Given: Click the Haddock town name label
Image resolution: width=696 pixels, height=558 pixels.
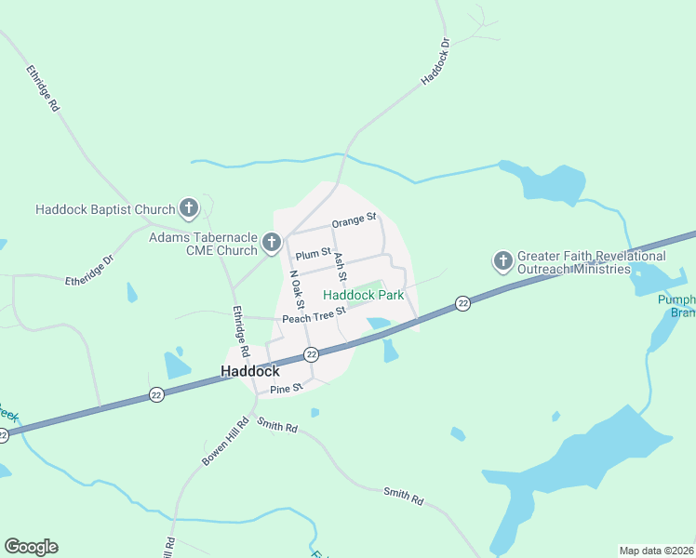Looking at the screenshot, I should [x=250, y=371].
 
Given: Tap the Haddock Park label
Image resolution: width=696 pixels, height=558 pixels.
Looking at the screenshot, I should [x=363, y=295].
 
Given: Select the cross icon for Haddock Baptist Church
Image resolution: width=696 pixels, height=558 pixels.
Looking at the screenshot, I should [x=189, y=208].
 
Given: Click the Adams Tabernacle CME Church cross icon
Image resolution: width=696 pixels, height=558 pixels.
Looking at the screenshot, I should [x=272, y=243].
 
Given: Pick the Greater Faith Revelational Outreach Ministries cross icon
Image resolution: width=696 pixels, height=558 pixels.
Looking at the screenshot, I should [x=503, y=260].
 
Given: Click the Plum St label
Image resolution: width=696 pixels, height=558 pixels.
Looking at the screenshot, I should [x=314, y=253].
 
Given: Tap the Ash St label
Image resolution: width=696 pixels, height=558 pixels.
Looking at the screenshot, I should [x=340, y=268].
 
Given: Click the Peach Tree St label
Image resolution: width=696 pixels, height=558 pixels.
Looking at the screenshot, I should [x=314, y=316].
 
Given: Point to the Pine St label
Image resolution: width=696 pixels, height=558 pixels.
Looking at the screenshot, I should [x=287, y=388].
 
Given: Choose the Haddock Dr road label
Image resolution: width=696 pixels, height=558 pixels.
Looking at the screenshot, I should [x=434, y=62].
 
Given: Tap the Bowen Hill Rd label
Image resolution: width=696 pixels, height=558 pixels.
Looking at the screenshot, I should [x=224, y=442].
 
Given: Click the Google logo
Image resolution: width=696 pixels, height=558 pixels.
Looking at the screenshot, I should [x=31, y=547].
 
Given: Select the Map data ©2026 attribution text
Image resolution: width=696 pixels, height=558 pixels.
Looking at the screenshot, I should [x=656, y=551].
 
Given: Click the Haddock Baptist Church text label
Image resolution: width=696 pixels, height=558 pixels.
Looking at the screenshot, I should [x=105, y=209].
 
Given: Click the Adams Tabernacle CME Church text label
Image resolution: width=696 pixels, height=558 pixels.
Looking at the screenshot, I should [x=203, y=244].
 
